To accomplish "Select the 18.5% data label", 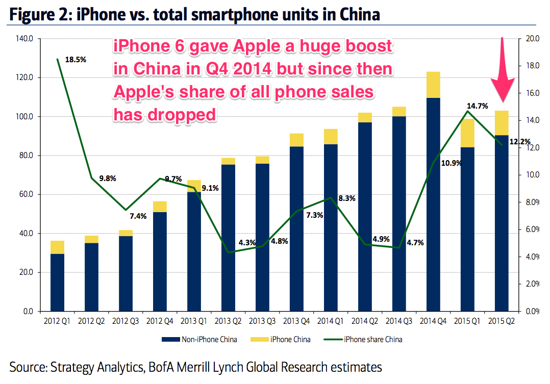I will [x=76, y=59].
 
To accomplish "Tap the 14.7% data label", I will [x=477, y=107].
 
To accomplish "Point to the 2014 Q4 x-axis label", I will [x=433, y=321].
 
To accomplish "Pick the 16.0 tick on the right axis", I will [x=527, y=93].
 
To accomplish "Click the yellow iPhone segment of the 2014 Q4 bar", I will [x=433, y=85].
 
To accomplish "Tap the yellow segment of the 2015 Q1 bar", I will [x=467, y=133].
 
